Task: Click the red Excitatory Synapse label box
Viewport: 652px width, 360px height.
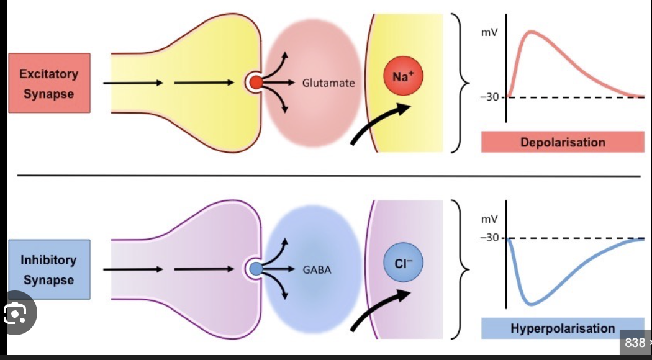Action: [49, 83]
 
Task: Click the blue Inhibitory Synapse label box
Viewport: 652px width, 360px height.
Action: [49, 270]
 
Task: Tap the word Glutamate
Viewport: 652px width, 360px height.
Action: [328, 82]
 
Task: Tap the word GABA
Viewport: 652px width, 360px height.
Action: [317, 270]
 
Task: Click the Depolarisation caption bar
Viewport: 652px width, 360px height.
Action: [563, 142]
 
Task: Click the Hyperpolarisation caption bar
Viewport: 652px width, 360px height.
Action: [563, 328]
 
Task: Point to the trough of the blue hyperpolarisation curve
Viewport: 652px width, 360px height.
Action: [530, 304]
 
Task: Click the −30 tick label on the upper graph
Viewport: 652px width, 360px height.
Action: [490, 97]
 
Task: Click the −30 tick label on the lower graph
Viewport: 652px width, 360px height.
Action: [490, 238]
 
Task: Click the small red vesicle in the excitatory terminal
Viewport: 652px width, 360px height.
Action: [255, 82]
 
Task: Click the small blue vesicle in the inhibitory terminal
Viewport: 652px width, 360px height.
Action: [255, 269]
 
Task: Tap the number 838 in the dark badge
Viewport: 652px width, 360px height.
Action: [634, 343]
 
